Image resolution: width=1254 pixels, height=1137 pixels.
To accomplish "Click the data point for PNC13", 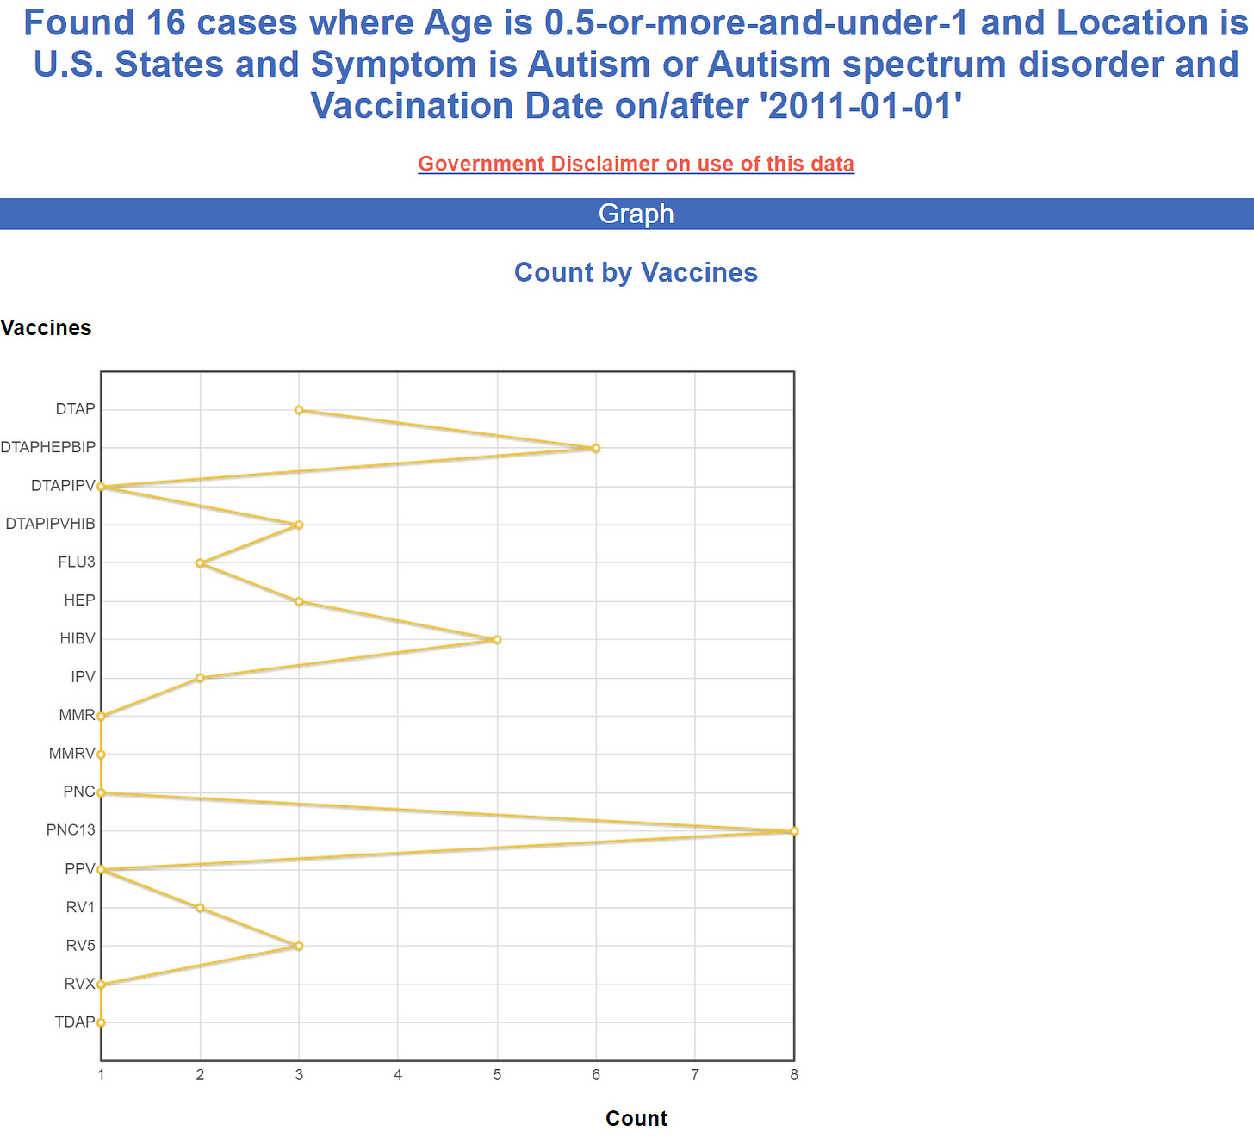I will click(x=793, y=831).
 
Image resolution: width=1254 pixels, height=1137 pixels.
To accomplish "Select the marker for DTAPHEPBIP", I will click(x=596, y=448).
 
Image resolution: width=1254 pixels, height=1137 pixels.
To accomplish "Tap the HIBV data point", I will click(x=497, y=639).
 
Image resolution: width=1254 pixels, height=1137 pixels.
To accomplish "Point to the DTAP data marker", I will click(x=299, y=410).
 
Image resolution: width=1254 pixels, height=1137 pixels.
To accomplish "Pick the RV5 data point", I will click(x=299, y=946).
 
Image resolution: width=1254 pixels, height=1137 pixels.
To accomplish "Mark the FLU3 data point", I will click(x=200, y=563).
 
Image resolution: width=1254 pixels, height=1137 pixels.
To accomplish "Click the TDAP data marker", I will click(x=101, y=1022).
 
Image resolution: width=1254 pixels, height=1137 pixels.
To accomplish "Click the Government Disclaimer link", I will click(x=636, y=164).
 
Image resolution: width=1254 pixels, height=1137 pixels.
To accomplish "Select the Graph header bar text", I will click(x=636, y=214).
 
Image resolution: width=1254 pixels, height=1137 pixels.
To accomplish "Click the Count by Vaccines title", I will click(x=636, y=272).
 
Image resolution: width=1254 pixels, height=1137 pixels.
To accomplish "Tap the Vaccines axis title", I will click(x=46, y=328).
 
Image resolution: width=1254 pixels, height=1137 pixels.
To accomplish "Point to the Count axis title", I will click(x=636, y=1118).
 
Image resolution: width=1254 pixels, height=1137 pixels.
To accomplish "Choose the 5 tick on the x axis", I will click(x=497, y=1074).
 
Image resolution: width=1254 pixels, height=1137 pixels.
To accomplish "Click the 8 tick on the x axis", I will click(x=793, y=1074).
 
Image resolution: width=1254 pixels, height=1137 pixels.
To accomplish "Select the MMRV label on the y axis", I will click(x=71, y=754).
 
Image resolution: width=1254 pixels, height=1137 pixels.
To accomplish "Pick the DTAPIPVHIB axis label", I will click(x=50, y=524).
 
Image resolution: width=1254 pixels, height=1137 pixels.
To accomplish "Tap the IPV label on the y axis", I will click(x=83, y=677).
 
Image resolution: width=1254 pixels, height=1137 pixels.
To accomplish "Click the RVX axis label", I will click(x=80, y=984).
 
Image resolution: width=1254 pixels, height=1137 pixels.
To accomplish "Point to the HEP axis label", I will click(x=79, y=600).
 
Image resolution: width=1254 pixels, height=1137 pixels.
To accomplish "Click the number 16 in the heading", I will click(x=165, y=23).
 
